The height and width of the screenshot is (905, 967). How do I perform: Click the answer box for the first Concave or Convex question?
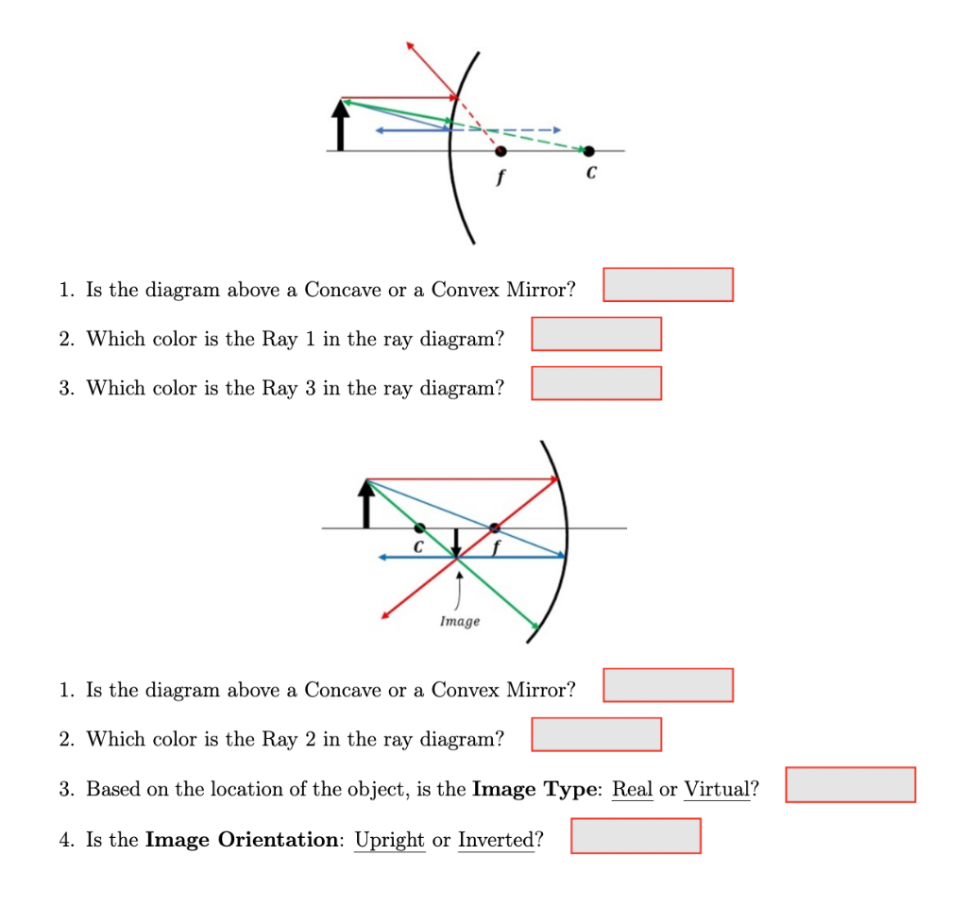pos(668,284)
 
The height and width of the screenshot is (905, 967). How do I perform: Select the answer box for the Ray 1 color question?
pos(596,333)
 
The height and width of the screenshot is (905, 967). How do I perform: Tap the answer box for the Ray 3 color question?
pos(596,382)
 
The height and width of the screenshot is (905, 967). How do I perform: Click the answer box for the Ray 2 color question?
pos(596,733)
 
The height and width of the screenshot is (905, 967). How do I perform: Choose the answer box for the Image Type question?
pos(850,784)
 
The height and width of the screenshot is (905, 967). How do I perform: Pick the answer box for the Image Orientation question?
pos(636,835)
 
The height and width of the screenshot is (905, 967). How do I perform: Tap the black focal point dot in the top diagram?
pos(500,150)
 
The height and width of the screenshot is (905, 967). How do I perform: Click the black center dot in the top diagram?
pos(589,150)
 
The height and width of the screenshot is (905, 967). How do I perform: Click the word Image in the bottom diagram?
pos(459,621)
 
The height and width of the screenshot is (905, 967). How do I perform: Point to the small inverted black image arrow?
pos(457,542)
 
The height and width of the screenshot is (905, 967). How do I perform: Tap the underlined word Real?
pos(633,789)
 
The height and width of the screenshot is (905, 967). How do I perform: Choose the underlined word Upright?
pos(389,840)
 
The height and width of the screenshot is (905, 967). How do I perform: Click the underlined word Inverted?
pos(496,840)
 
